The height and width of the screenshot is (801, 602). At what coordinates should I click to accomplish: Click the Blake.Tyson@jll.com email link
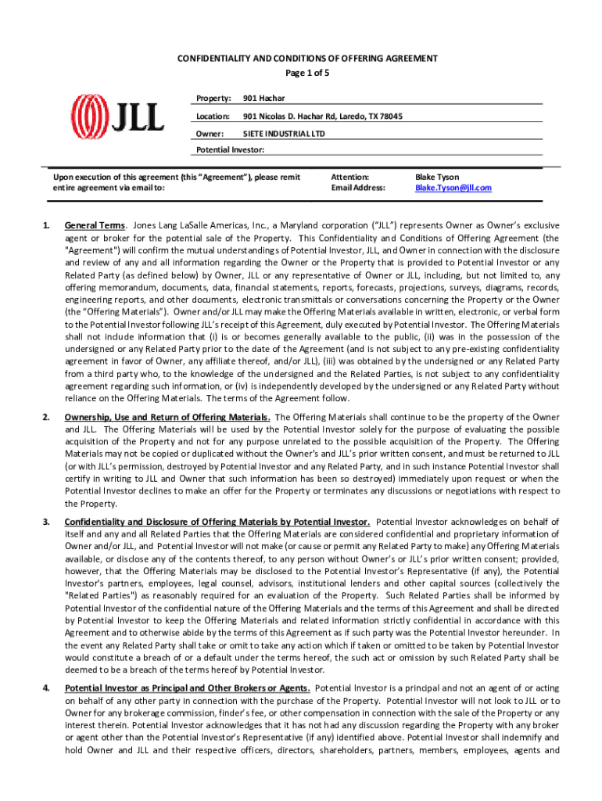coord(453,188)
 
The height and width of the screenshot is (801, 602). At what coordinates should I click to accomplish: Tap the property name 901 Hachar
coord(263,98)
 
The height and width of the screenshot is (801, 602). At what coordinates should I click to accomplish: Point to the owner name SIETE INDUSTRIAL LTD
coord(283,134)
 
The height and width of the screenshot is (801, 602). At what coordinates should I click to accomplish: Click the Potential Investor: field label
coord(230,149)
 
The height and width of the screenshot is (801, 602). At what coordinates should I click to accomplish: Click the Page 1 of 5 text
coord(306,73)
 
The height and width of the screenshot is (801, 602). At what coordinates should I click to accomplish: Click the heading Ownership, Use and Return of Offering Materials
coord(167,417)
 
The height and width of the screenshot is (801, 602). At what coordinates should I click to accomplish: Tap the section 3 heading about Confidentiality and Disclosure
coord(217,521)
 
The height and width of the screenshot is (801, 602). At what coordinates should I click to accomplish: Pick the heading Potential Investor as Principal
coord(187,688)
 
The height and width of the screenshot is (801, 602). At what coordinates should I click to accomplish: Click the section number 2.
coord(47,417)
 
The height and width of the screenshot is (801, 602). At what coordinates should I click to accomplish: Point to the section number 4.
coord(47,688)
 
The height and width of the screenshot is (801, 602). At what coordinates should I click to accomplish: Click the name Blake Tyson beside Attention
coord(437,177)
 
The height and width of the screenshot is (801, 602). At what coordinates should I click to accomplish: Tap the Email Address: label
coord(358,188)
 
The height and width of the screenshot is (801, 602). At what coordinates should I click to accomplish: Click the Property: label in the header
coord(213,98)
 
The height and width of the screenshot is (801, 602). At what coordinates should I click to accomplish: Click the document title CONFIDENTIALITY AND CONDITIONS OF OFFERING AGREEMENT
coord(306,59)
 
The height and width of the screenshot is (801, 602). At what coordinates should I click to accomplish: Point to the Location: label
coord(213,116)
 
